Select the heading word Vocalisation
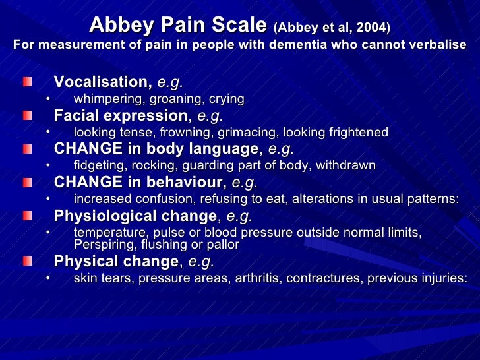coord(102,82)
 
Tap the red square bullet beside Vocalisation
coord(27,82)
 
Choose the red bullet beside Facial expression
coord(27,116)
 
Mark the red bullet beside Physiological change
coord(27,216)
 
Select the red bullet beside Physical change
coord(27,261)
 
